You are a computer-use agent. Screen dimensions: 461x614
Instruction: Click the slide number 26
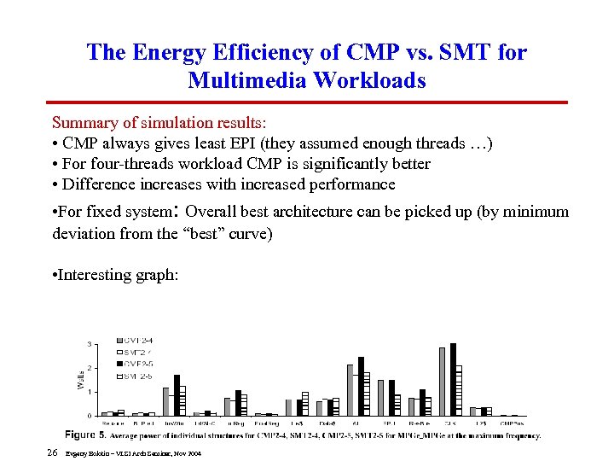point(52,452)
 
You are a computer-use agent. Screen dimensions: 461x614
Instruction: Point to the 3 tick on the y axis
point(91,343)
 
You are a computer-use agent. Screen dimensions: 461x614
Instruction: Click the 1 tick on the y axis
point(91,392)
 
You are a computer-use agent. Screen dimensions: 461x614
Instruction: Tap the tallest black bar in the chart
point(453,379)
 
